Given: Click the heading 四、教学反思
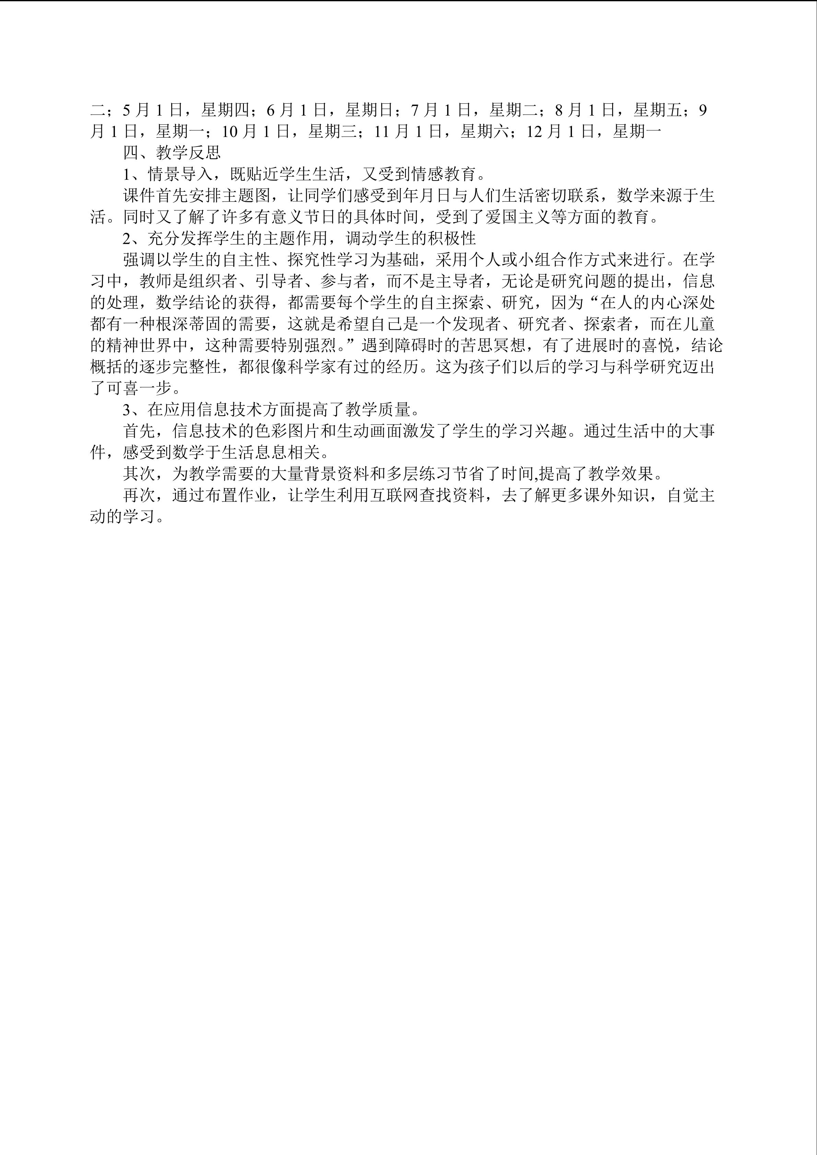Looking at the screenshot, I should coord(172,152).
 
